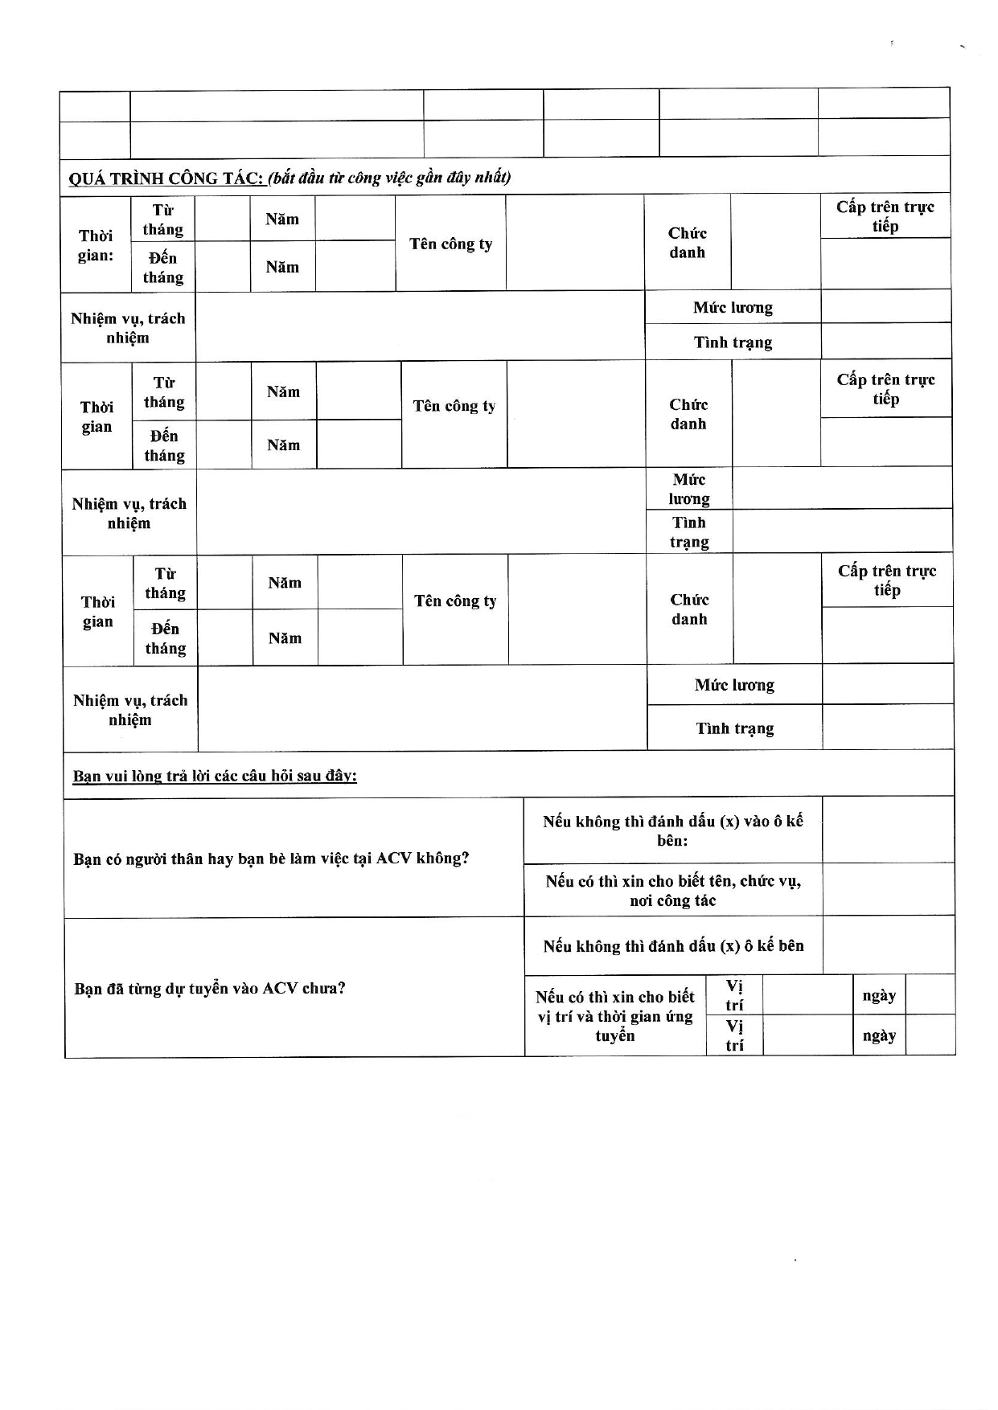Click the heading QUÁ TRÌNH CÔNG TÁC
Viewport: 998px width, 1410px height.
click(166, 178)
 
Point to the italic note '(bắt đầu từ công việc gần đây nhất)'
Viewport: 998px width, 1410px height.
click(389, 178)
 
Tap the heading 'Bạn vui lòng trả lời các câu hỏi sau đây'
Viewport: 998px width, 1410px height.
click(215, 776)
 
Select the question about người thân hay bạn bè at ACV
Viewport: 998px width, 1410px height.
click(271, 859)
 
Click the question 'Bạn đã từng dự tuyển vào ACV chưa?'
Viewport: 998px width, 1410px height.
click(210, 988)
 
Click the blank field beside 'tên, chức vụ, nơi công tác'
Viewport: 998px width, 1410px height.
click(888, 890)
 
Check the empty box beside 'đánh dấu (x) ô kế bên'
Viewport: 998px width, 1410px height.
click(889, 945)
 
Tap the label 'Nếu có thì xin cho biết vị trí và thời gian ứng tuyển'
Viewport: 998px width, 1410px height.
click(615, 1016)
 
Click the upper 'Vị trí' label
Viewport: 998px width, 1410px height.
click(734, 995)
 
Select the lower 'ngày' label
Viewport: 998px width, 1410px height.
click(879, 1035)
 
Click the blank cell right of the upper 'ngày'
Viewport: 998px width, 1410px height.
click(930, 995)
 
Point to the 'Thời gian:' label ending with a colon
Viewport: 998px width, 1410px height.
click(96, 245)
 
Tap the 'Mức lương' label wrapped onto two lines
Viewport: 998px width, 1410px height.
click(689, 489)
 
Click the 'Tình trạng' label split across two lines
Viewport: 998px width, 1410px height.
click(689, 532)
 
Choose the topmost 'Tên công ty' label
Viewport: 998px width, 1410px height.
click(450, 244)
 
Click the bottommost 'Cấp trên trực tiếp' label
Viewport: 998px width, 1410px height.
click(887, 580)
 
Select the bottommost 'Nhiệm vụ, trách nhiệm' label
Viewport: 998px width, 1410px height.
click(130, 710)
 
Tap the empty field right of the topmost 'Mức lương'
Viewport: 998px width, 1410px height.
click(885, 307)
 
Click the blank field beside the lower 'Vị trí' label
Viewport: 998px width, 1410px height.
click(807, 1035)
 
